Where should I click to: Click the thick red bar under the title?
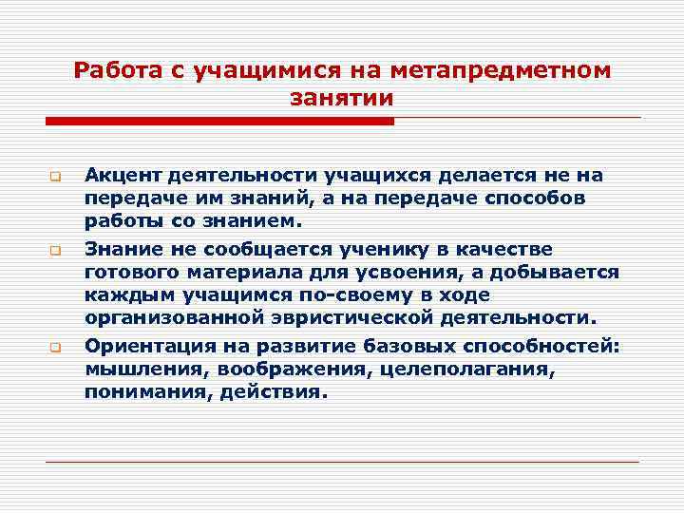219,122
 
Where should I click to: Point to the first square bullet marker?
55,177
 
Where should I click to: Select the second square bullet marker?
55,252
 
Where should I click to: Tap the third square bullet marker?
55,347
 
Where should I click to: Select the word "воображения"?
275,369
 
